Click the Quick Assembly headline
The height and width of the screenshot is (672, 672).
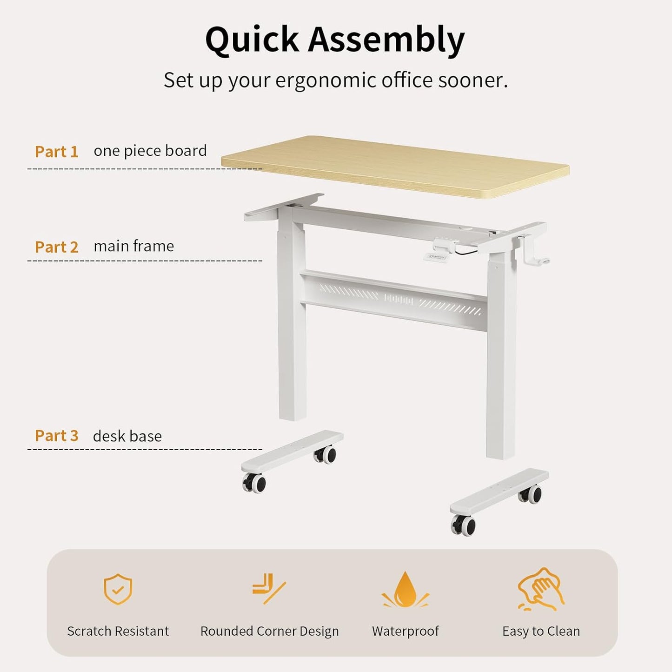(x=335, y=40)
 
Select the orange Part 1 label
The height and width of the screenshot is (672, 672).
(x=56, y=152)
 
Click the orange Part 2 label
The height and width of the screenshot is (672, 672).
(x=56, y=247)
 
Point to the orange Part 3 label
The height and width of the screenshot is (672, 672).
(x=56, y=436)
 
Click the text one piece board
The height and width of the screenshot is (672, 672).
(x=150, y=151)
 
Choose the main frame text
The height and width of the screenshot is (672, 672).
(x=133, y=246)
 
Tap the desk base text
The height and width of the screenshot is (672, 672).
(x=127, y=436)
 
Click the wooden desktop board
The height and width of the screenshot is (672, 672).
(x=395, y=166)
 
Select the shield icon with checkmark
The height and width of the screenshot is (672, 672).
(x=118, y=589)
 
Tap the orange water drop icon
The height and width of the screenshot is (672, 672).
(x=405, y=590)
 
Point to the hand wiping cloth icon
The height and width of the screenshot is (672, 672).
(x=541, y=589)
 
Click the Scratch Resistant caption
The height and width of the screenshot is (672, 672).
(x=118, y=631)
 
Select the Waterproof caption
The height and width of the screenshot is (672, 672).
(x=405, y=631)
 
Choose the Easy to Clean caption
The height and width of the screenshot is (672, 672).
(x=541, y=631)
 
